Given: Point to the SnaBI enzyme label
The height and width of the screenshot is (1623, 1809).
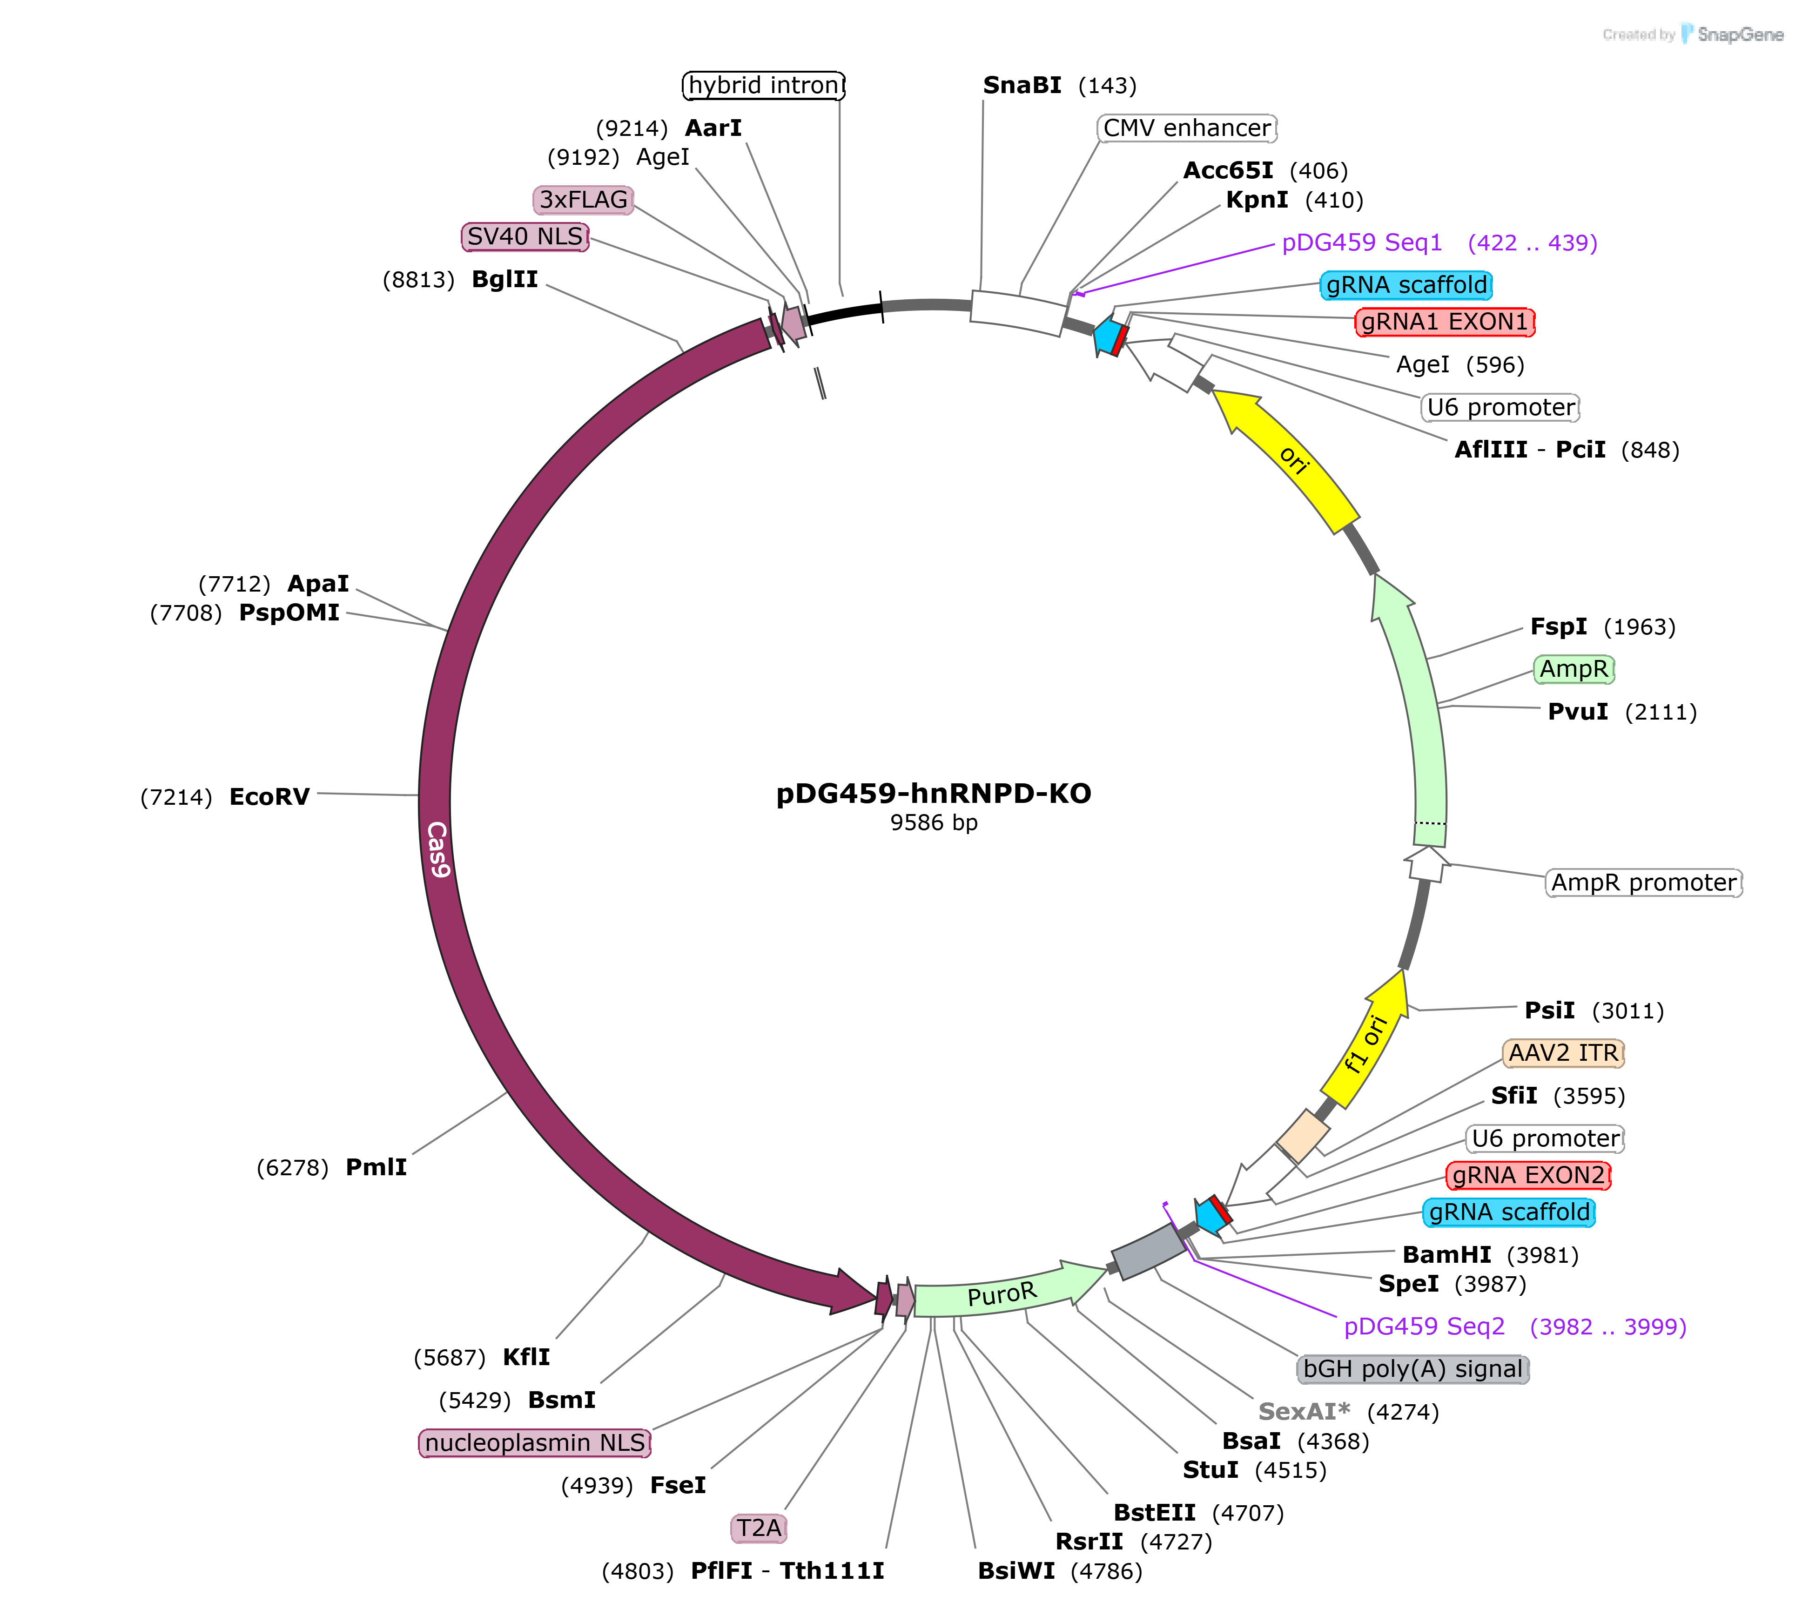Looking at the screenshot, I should pyautogui.click(x=1022, y=86).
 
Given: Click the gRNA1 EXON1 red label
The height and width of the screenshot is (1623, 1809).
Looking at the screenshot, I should pyautogui.click(x=1444, y=322).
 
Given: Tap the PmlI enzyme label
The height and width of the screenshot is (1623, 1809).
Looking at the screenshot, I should pyautogui.click(x=376, y=1167).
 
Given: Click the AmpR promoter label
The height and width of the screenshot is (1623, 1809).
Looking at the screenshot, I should pyautogui.click(x=1643, y=883).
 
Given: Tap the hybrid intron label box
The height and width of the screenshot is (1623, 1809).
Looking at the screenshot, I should pyautogui.click(x=763, y=86).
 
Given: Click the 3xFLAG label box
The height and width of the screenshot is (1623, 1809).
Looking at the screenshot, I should pyautogui.click(x=583, y=200).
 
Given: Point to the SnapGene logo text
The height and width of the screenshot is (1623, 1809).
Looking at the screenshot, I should pyautogui.click(x=1740, y=35).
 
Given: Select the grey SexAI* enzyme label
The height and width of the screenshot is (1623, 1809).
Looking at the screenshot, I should pyautogui.click(x=1304, y=1412).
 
